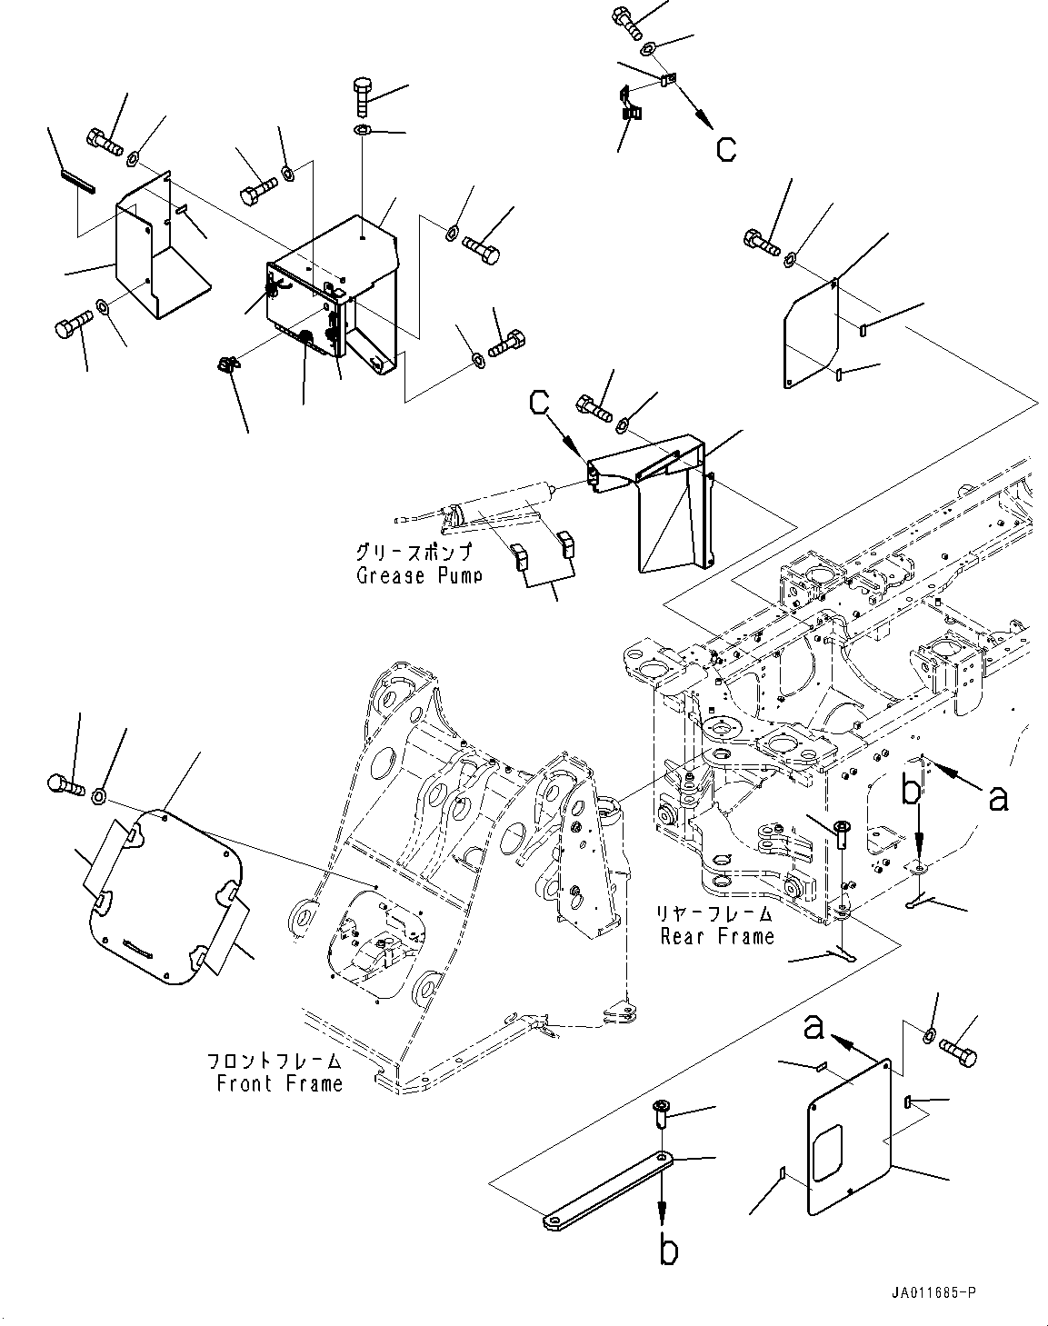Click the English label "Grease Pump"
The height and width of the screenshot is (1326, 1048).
(x=418, y=574)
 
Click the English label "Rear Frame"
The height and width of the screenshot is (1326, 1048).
(x=717, y=935)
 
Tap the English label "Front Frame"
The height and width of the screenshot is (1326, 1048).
(x=280, y=1082)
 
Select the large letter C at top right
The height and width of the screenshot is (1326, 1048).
(x=726, y=147)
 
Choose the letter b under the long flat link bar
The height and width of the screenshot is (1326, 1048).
(x=668, y=1251)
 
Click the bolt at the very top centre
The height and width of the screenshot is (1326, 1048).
(x=627, y=20)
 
